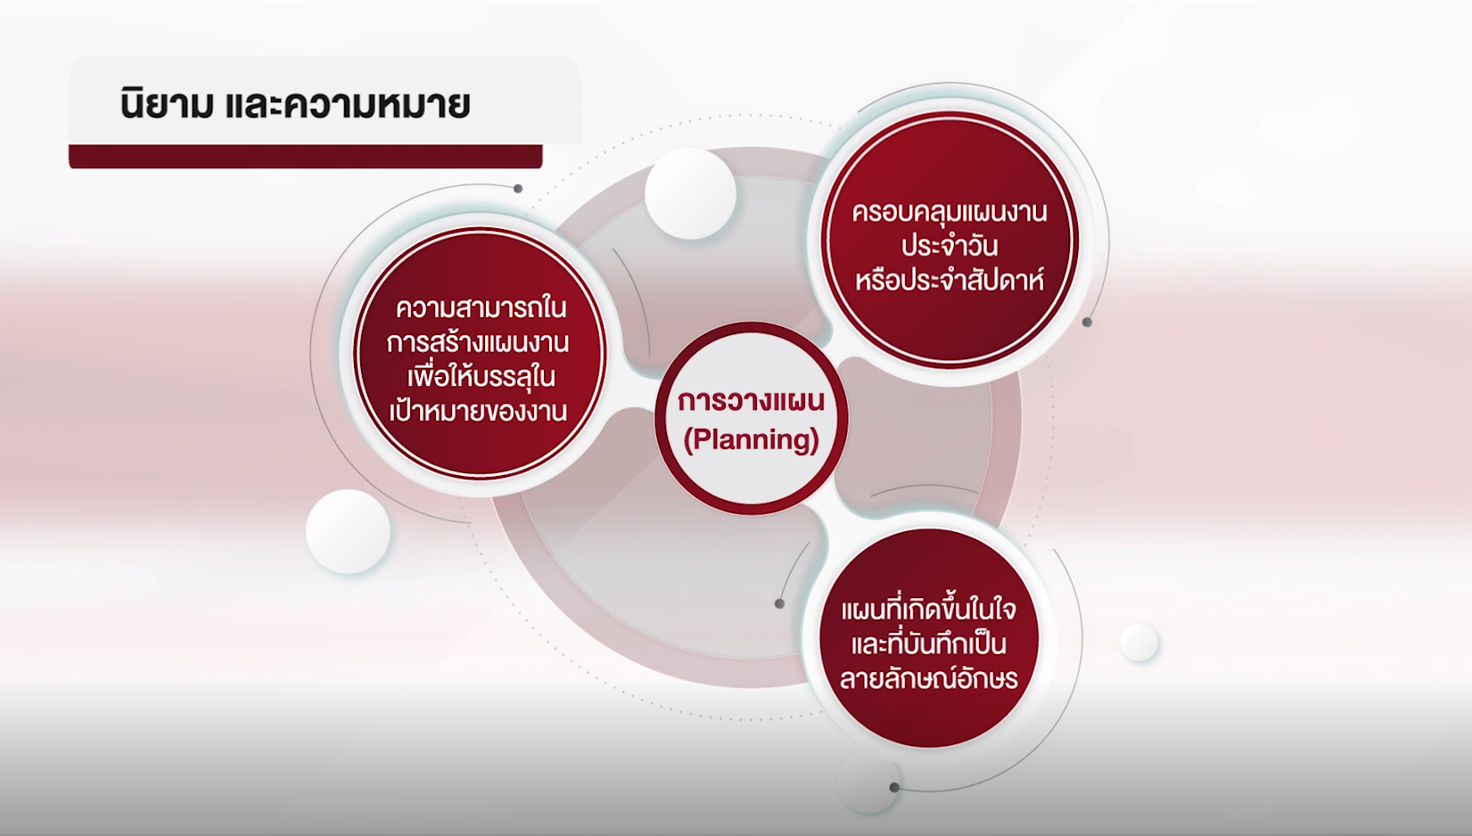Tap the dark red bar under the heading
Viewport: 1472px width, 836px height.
[306, 156]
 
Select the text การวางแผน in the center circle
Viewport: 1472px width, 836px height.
[751, 400]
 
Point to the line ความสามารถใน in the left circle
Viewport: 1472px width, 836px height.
[481, 308]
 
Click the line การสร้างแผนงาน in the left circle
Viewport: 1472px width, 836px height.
[478, 343]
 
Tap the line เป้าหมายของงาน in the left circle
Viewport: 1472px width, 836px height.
[479, 411]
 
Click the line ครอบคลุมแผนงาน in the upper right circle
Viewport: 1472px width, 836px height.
[950, 213]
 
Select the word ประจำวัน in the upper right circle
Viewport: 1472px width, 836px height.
[950, 246]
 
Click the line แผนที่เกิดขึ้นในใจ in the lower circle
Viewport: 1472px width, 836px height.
[928, 611]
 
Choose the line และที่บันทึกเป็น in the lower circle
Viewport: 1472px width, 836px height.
[928, 643]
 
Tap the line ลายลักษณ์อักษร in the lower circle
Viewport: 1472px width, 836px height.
[928, 677]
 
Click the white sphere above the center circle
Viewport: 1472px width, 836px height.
[690, 193]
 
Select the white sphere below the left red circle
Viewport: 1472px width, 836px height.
[349, 531]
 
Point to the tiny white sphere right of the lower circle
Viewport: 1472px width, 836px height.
[1139, 643]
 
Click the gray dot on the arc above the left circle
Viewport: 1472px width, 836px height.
[518, 188]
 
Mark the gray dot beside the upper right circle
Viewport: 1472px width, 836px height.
[1087, 323]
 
